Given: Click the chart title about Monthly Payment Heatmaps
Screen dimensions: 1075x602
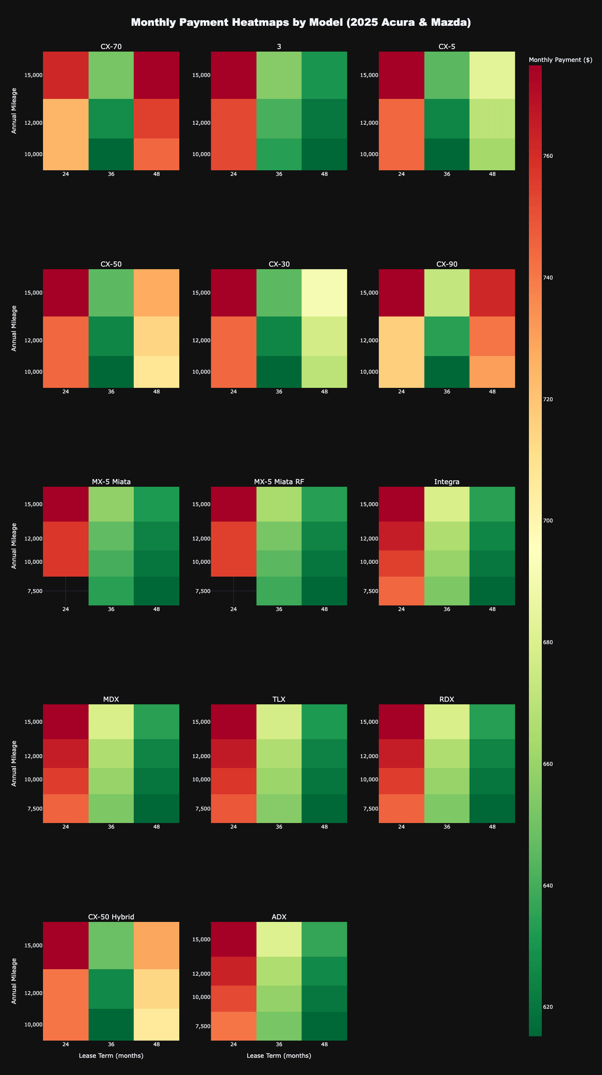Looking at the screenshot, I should coord(301,22).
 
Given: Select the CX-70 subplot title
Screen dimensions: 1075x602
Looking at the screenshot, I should coord(111,46).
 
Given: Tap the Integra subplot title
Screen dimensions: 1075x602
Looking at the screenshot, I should coord(447,482).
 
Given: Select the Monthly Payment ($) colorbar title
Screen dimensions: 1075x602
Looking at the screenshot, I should coord(560,60).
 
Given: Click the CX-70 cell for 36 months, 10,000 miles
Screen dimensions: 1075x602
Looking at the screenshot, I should coord(111,154).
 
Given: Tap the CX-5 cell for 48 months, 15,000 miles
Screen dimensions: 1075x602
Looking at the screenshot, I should coord(492,75).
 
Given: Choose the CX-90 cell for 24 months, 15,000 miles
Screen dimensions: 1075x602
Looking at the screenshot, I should coord(401,293).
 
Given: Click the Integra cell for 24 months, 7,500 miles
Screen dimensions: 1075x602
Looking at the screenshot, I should coord(401,591).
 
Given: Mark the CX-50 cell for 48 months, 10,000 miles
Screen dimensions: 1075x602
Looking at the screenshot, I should coord(156,372).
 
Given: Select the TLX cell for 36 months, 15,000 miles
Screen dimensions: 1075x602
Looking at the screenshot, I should coord(279,722).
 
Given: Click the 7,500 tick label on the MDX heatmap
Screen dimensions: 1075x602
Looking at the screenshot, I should coord(34,808).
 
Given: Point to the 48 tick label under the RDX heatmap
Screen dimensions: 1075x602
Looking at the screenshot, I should coord(492,827).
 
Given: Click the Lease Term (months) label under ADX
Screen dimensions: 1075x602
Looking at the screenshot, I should coord(279,1056).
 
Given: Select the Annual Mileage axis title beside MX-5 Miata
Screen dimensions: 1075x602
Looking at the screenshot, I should coord(14,546).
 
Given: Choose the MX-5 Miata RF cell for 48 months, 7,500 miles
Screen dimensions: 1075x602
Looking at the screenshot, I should coord(324,591).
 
